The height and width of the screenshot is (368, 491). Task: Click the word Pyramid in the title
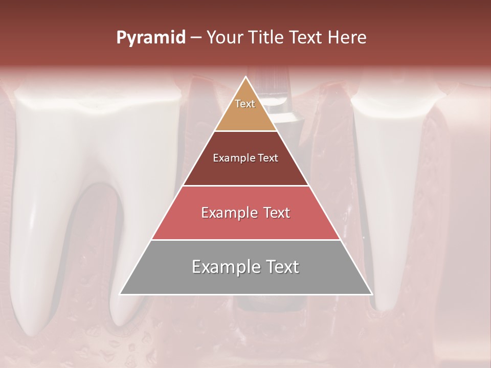[151, 38]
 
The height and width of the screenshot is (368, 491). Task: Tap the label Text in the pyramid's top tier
[245, 104]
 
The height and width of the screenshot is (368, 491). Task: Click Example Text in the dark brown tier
[245, 158]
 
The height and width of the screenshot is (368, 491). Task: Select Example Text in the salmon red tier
[245, 213]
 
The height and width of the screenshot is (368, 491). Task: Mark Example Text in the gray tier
[245, 267]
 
